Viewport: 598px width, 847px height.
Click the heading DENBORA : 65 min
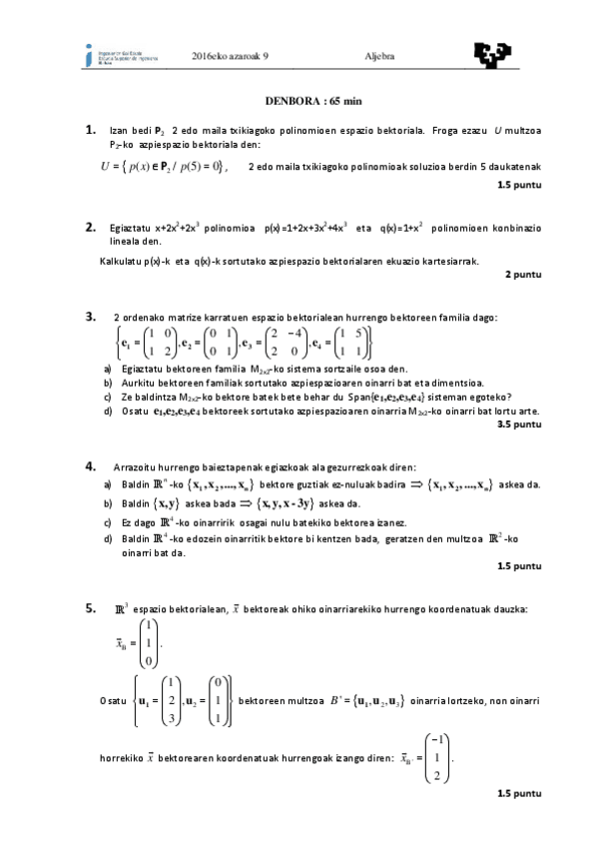(x=299, y=100)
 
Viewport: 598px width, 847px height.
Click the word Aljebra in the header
(x=379, y=56)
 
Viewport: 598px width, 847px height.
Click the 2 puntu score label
(x=523, y=273)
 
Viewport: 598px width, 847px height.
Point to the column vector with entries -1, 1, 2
(x=435, y=760)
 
